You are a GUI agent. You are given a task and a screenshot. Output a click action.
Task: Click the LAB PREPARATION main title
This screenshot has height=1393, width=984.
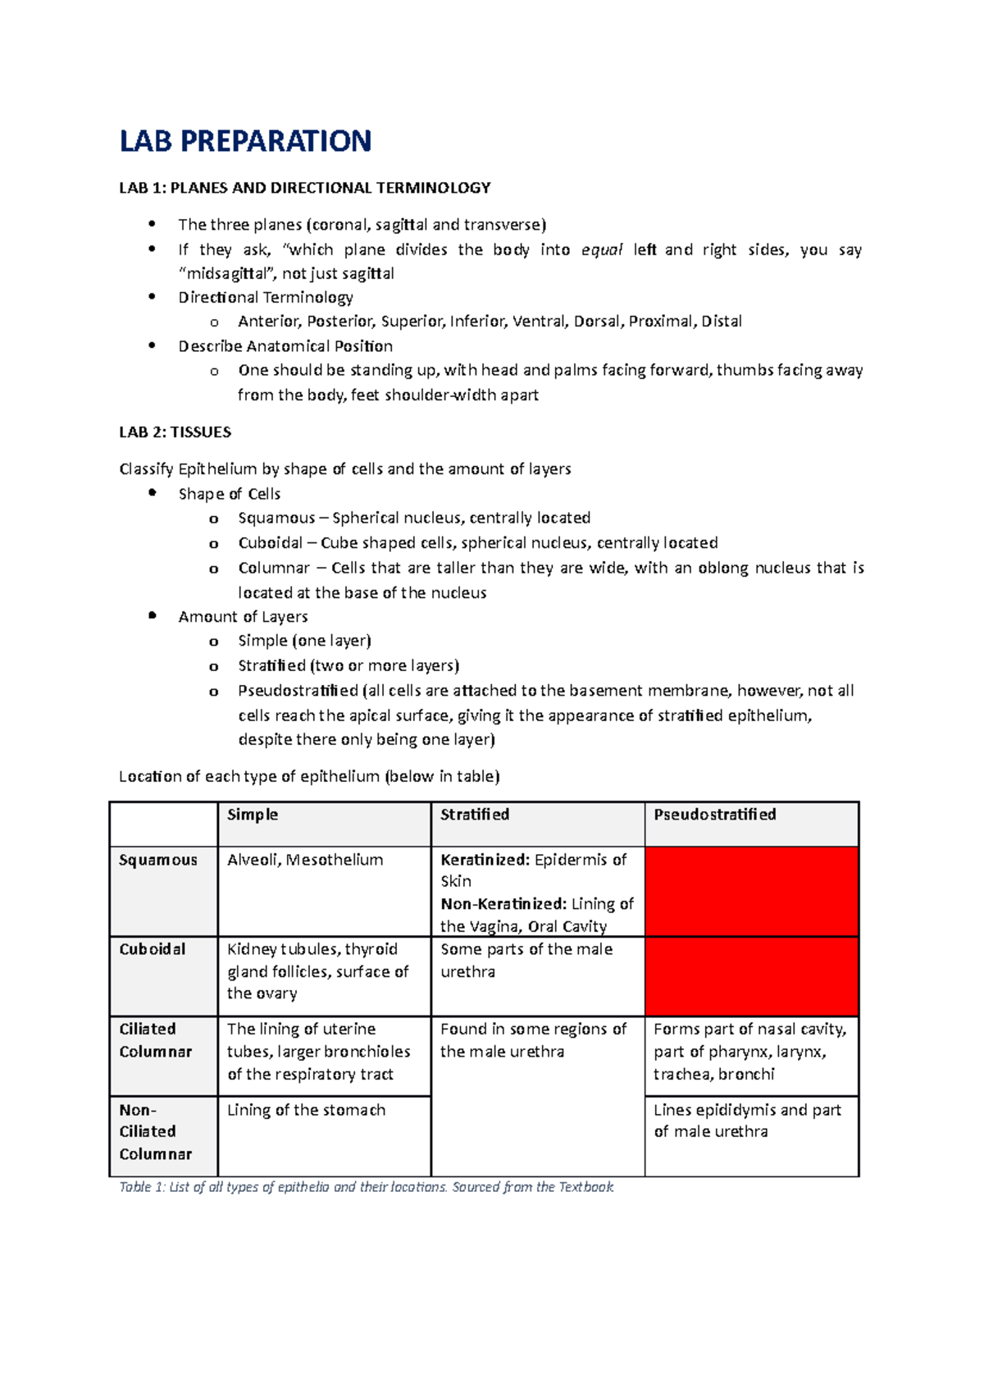[245, 141]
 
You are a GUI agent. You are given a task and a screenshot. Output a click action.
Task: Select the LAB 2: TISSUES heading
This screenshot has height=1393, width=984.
[175, 432]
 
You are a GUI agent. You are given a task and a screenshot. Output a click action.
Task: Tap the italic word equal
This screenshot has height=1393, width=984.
[602, 249]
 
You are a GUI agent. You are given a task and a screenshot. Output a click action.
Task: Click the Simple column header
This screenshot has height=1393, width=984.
[253, 815]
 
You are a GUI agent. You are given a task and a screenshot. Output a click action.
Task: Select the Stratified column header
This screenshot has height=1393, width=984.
[475, 815]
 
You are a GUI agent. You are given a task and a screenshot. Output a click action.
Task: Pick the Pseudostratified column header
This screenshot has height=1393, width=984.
[714, 815]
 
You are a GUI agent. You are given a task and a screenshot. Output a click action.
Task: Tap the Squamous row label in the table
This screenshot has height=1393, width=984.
[158, 860]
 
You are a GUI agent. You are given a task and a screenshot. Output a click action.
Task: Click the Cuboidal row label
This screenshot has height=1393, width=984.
[153, 949]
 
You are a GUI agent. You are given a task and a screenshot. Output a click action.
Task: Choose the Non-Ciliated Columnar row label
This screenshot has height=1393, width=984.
[155, 1132]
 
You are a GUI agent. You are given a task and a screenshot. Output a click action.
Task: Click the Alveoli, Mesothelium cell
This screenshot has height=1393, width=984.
[305, 860]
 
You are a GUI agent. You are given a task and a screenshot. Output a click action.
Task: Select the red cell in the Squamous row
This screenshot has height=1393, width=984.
[751, 892]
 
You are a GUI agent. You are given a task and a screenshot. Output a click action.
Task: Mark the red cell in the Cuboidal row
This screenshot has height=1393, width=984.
[751, 976]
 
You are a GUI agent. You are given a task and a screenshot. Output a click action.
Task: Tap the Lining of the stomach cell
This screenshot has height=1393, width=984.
[306, 1110]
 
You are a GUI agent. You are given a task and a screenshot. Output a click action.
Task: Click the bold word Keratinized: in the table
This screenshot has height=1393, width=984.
[485, 860]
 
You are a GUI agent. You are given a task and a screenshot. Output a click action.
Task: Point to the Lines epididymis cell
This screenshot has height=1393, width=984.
[747, 1121]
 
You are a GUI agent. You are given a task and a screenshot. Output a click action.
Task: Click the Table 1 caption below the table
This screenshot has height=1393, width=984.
[366, 1187]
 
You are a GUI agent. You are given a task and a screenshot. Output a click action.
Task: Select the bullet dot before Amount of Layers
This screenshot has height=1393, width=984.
[152, 616]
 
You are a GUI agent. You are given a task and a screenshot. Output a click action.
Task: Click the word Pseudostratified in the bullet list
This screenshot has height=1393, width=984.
[298, 691]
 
